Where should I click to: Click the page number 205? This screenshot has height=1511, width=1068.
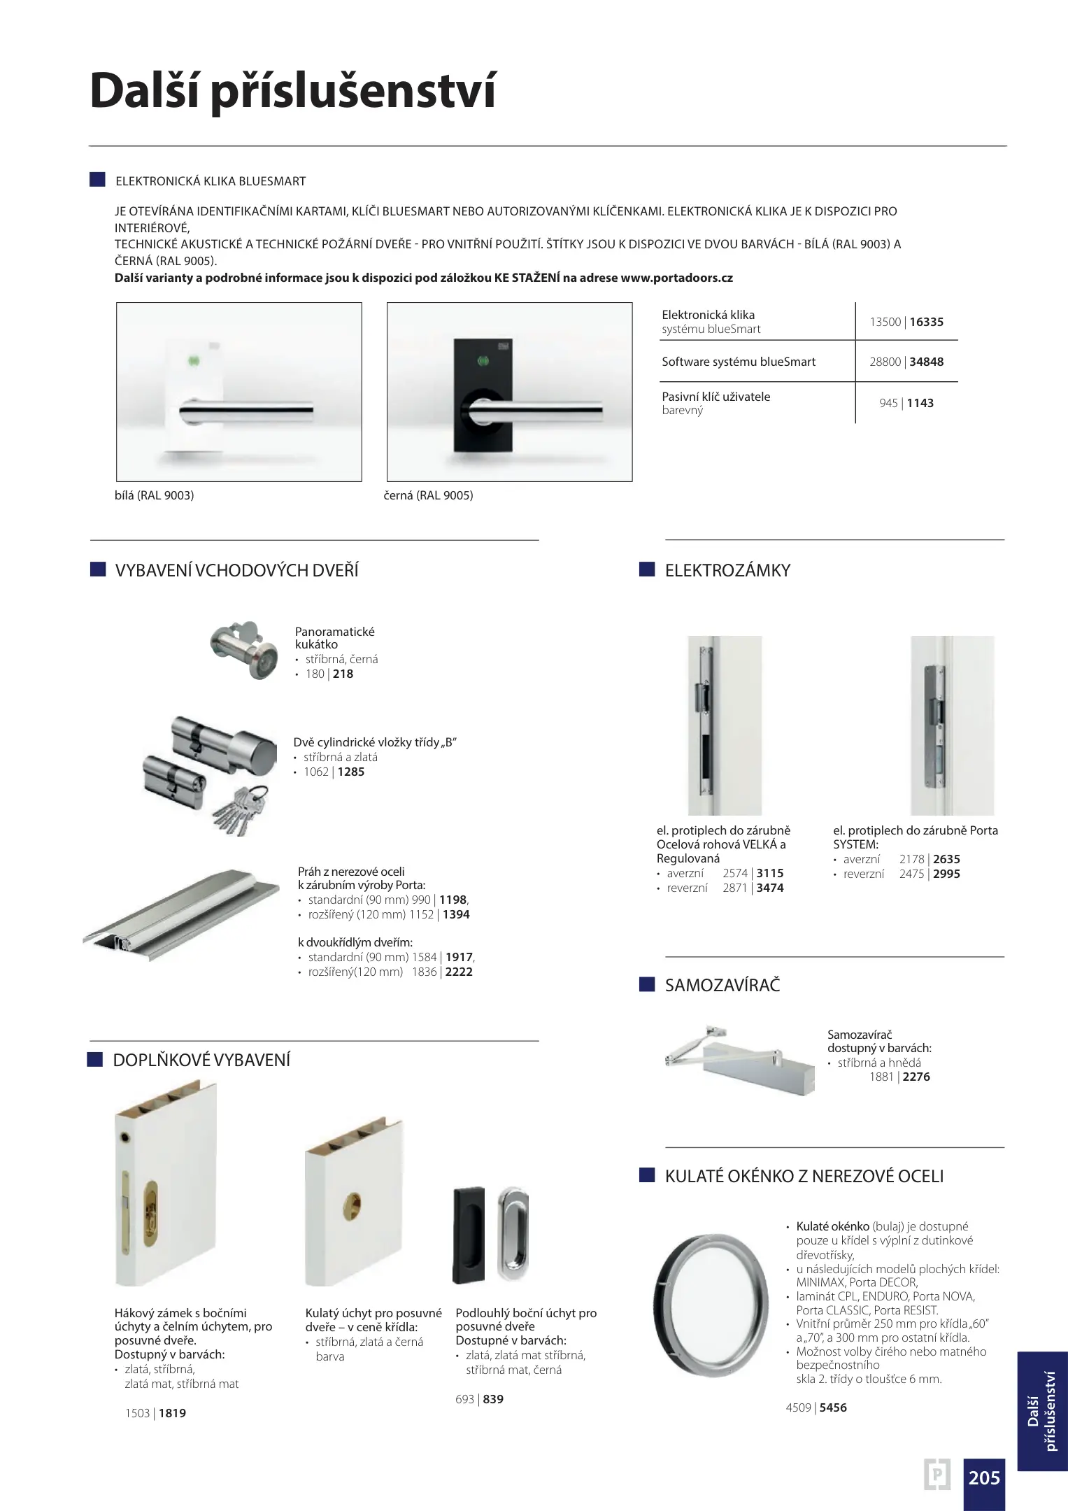coord(984,1478)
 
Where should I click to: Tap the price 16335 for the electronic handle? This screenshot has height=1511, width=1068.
coord(927,322)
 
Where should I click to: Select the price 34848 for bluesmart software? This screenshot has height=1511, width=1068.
coord(927,362)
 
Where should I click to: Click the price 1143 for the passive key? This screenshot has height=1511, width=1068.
coord(920,403)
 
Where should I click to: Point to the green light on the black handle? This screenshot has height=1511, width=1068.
coord(482,361)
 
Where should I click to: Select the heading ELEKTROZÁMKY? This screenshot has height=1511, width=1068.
coord(727,570)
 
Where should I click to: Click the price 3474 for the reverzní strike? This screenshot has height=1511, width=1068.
coord(770,888)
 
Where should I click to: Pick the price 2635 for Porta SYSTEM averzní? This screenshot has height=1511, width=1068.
coord(946,859)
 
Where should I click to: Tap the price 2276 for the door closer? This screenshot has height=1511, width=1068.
coord(916,1077)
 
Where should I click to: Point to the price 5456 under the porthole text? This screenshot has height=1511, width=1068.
coord(833,1407)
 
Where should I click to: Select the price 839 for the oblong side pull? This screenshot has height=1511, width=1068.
coord(493,1399)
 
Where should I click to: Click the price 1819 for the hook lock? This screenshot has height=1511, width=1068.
coord(172,1413)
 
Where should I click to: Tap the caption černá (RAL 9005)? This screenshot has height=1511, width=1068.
coord(429,495)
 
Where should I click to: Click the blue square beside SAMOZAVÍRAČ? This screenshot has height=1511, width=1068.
coord(647,985)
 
